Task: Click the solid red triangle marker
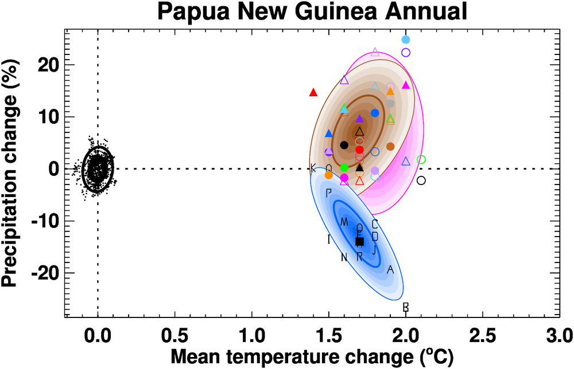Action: tap(313, 92)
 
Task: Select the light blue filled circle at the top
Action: tap(406, 40)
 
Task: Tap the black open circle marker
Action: tap(421, 180)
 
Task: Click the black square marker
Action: tap(359, 241)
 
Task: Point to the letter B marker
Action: tap(405, 307)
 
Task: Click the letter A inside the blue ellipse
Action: tap(390, 269)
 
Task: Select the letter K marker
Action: tap(313, 168)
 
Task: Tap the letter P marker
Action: tap(328, 193)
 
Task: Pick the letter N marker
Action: tap(344, 257)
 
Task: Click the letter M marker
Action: tap(344, 222)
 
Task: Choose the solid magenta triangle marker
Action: tap(406, 85)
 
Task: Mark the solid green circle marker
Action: tap(344, 167)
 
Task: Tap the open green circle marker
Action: tap(421, 159)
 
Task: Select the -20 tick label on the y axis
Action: tap(41, 273)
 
